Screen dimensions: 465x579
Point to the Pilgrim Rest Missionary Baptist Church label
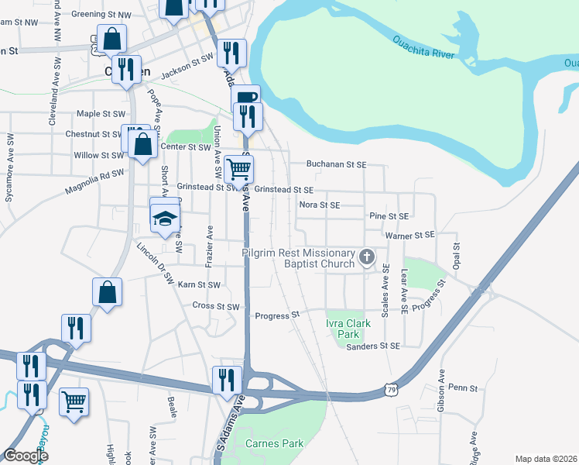point(298,259)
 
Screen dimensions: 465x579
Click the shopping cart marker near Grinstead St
point(240,167)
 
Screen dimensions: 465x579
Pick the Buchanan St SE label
point(336,164)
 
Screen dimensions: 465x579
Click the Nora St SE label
point(320,205)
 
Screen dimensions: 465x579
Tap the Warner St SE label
point(411,235)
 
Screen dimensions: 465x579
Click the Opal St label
point(457,250)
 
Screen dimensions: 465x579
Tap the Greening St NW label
point(98,14)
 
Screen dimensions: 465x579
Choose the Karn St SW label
point(199,285)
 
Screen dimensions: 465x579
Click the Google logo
point(26,456)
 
